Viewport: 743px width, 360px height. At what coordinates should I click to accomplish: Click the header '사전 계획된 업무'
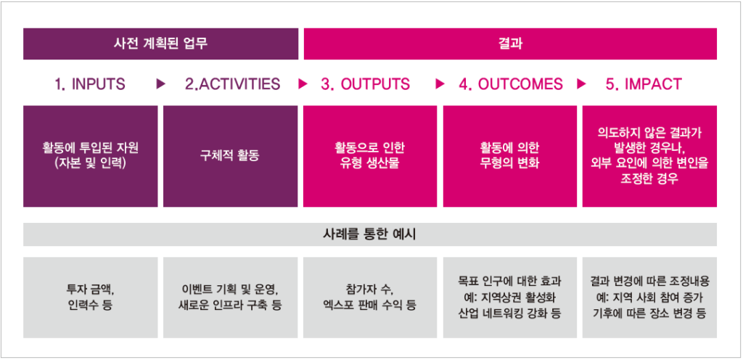click(160, 44)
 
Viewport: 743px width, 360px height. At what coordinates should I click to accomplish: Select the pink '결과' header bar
click(510, 44)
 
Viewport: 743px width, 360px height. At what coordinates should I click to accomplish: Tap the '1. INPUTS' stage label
click(90, 84)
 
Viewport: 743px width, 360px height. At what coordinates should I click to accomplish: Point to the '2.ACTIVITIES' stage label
click(233, 84)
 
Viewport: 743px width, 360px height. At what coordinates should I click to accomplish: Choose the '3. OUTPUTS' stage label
click(366, 84)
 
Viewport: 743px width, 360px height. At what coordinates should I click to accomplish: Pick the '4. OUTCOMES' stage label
click(511, 84)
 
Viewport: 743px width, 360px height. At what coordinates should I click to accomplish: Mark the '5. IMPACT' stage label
click(644, 84)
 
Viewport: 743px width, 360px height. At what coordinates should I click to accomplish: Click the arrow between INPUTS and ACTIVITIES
click(161, 84)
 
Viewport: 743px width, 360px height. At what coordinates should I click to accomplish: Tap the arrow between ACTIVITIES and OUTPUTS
click(303, 84)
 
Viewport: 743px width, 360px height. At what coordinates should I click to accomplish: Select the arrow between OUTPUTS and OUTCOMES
click(440, 84)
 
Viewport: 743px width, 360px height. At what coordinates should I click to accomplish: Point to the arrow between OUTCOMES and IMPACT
click(581, 84)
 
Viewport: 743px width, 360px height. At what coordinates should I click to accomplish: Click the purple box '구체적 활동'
click(230, 156)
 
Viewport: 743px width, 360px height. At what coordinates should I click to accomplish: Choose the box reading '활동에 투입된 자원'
click(91, 156)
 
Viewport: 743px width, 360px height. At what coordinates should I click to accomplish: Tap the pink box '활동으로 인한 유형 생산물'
click(370, 156)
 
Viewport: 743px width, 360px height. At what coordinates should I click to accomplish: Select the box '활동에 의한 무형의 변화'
click(510, 156)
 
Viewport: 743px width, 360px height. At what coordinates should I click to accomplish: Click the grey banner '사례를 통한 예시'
click(370, 234)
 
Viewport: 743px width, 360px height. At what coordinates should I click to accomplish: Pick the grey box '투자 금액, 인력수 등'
click(91, 298)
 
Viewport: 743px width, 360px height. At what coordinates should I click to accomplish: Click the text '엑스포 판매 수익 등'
click(369, 305)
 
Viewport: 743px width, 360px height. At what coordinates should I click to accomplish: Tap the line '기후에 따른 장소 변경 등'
click(649, 314)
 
